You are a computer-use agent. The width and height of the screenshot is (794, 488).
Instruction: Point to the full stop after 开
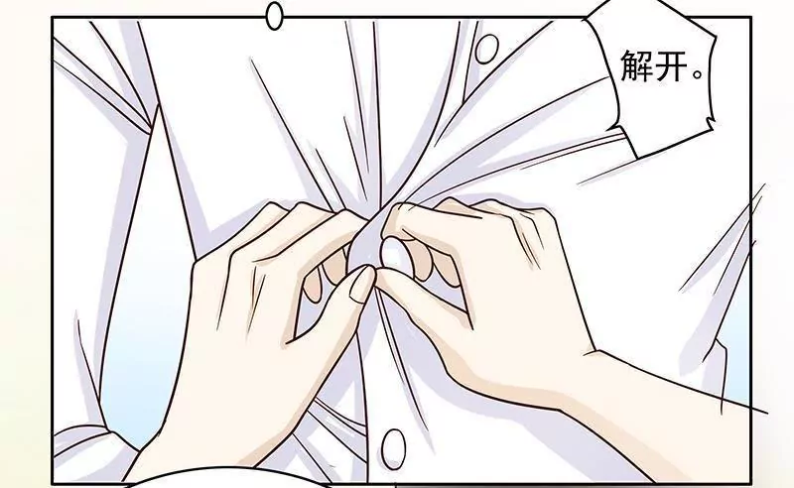click(x=699, y=74)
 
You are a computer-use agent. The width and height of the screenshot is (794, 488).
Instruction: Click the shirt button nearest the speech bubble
click(x=486, y=48)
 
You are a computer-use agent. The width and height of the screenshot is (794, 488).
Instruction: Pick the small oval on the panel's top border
click(x=275, y=16)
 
